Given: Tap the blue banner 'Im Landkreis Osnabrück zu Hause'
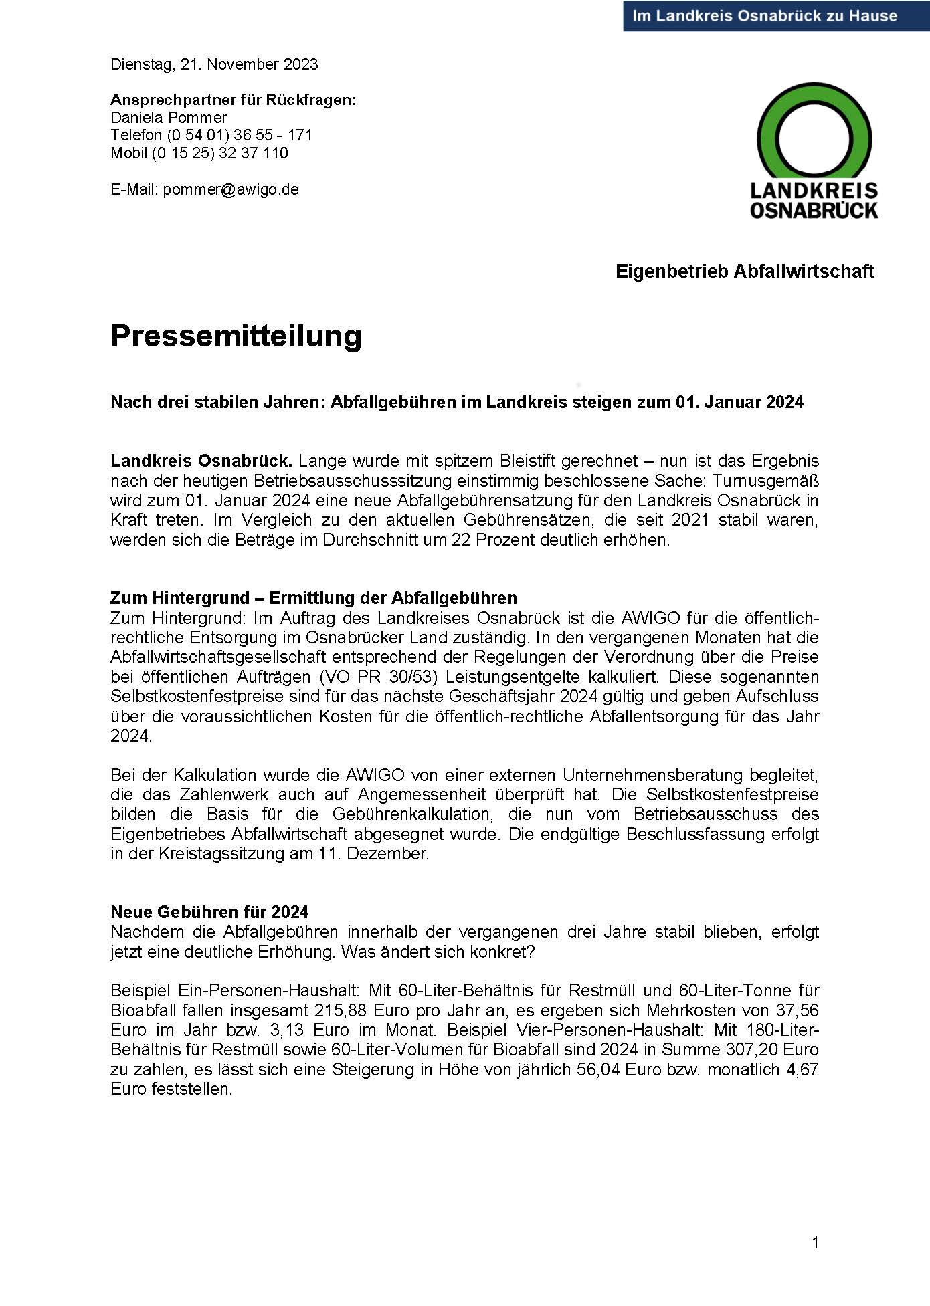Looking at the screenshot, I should [765, 16].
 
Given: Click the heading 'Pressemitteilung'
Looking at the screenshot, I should [236, 336].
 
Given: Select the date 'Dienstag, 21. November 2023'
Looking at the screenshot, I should [214, 64].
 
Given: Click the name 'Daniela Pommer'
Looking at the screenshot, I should [169, 118].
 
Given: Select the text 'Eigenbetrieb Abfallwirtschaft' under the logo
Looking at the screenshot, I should [745, 271].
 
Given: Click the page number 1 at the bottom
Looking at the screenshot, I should [815, 1243].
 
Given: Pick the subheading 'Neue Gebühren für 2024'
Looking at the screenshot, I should [209, 912].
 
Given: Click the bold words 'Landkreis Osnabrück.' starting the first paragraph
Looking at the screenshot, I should [201, 461].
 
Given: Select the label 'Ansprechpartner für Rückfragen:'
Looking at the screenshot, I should [234, 100].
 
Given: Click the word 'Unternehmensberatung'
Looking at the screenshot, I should [656, 775].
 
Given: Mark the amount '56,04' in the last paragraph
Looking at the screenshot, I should [597, 1069].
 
